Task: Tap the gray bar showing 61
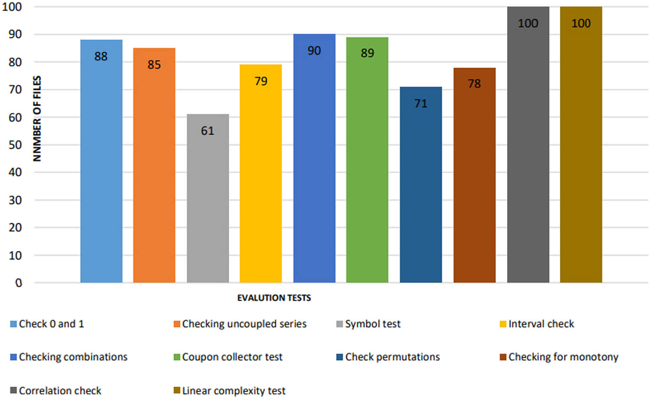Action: coord(208,204)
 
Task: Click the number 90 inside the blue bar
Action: coord(314,51)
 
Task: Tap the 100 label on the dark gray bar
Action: coord(528,23)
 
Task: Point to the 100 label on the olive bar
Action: coord(581,23)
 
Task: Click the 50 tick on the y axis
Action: coord(15,145)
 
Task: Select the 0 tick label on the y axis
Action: coord(19,283)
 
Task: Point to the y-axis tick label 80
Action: coord(15,62)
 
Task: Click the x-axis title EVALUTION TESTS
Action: coord(274,298)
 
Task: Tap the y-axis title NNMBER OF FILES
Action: coord(37,118)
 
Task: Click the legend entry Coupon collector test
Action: coord(232,357)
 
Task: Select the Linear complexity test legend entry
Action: coord(234,391)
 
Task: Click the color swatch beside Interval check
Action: coord(503,324)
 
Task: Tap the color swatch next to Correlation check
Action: coord(13,391)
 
